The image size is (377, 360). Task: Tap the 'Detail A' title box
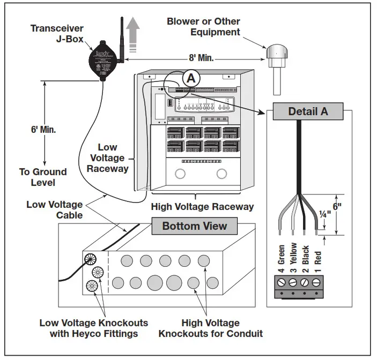(307, 112)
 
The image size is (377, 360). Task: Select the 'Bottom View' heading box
(194, 226)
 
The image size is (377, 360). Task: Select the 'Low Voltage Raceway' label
(107, 158)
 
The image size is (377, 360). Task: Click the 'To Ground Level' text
(43, 177)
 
